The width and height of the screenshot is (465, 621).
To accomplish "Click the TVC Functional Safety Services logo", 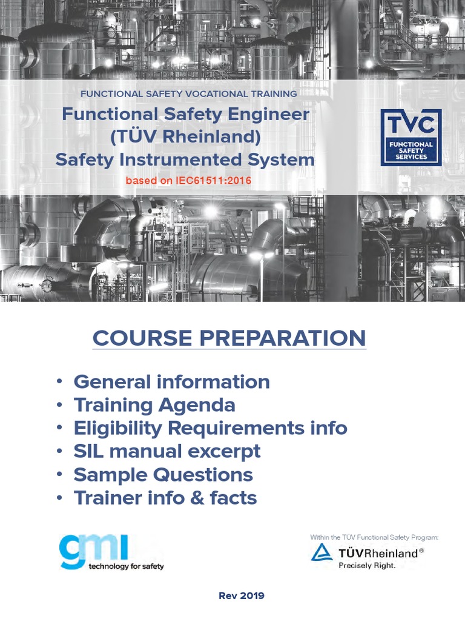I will click(x=411, y=138).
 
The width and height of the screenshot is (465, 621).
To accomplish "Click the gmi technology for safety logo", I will click(x=111, y=552).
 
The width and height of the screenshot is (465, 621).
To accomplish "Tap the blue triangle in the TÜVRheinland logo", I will click(x=322, y=552).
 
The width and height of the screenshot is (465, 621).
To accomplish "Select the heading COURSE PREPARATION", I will click(x=229, y=338).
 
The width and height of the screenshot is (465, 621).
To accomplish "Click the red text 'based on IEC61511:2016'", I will click(x=188, y=181).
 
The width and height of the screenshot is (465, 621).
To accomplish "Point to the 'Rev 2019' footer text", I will click(x=241, y=596).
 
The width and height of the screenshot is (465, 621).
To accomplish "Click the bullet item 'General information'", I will click(x=171, y=382).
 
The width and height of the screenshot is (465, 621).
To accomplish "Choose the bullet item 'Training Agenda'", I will click(x=154, y=405).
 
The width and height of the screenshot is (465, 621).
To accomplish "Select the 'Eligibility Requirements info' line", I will click(x=210, y=428).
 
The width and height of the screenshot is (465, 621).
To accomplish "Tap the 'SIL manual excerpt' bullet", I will click(x=167, y=451).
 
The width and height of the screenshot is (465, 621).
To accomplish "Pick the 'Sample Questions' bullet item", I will click(x=163, y=474).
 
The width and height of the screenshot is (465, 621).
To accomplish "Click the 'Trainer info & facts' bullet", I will click(x=165, y=498).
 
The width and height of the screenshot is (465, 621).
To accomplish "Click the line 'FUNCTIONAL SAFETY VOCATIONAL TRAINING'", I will click(x=189, y=94).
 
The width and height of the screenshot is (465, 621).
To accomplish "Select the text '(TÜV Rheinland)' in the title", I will click(x=185, y=137).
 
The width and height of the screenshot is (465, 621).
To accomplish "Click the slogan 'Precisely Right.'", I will click(x=367, y=565).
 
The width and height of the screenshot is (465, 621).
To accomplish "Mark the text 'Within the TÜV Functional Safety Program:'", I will click(x=374, y=537).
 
